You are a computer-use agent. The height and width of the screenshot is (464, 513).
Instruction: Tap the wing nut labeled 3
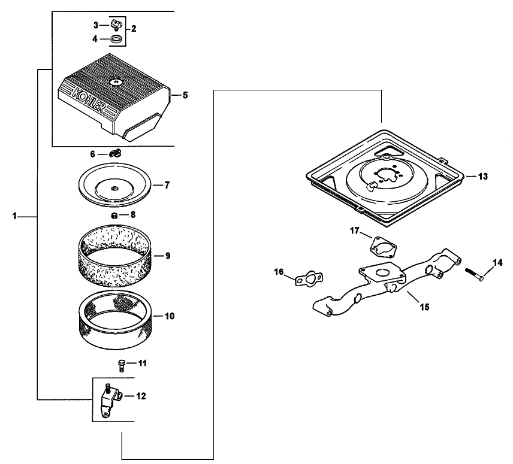click(114, 25)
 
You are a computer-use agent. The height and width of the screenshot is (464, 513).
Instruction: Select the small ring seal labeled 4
click(117, 40)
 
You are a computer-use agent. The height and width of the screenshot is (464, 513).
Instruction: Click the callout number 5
click(185, 95)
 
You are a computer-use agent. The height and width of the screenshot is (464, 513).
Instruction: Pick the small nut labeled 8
click(113, 214)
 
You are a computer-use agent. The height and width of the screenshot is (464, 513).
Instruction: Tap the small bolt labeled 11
click(122, 364)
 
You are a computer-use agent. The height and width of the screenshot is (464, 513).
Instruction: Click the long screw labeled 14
click(474, 274)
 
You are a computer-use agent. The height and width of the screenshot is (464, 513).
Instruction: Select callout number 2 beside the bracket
click(134, 28)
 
